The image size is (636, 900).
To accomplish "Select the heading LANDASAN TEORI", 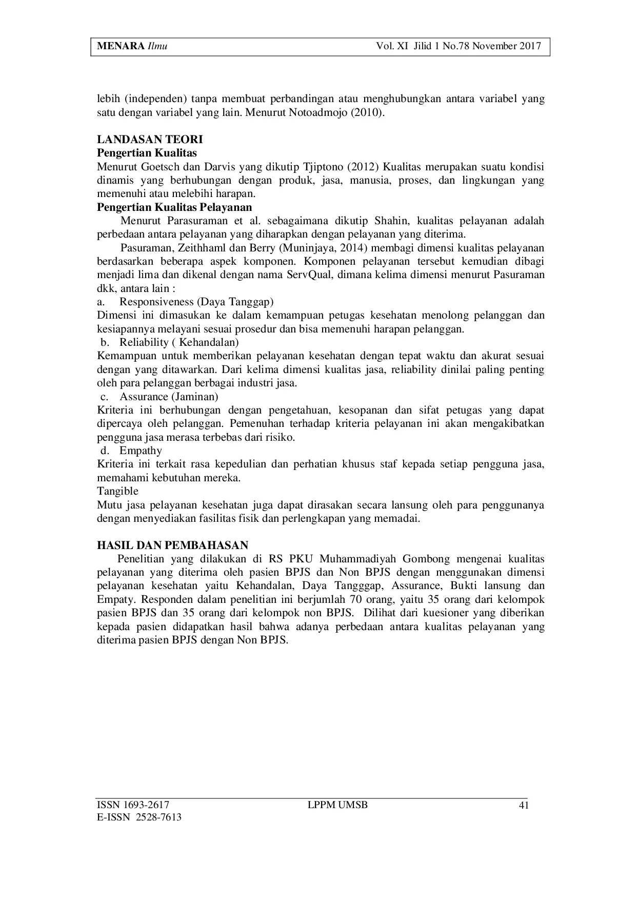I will [150, 139].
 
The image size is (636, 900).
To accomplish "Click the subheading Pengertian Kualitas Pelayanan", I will [174, 207].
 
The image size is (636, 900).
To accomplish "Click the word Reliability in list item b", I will [144, 342].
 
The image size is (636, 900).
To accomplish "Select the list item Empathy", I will [141, 451].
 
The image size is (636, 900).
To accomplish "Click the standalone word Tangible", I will [117, 492].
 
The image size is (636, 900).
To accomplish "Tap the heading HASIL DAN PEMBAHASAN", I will [173, 545].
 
